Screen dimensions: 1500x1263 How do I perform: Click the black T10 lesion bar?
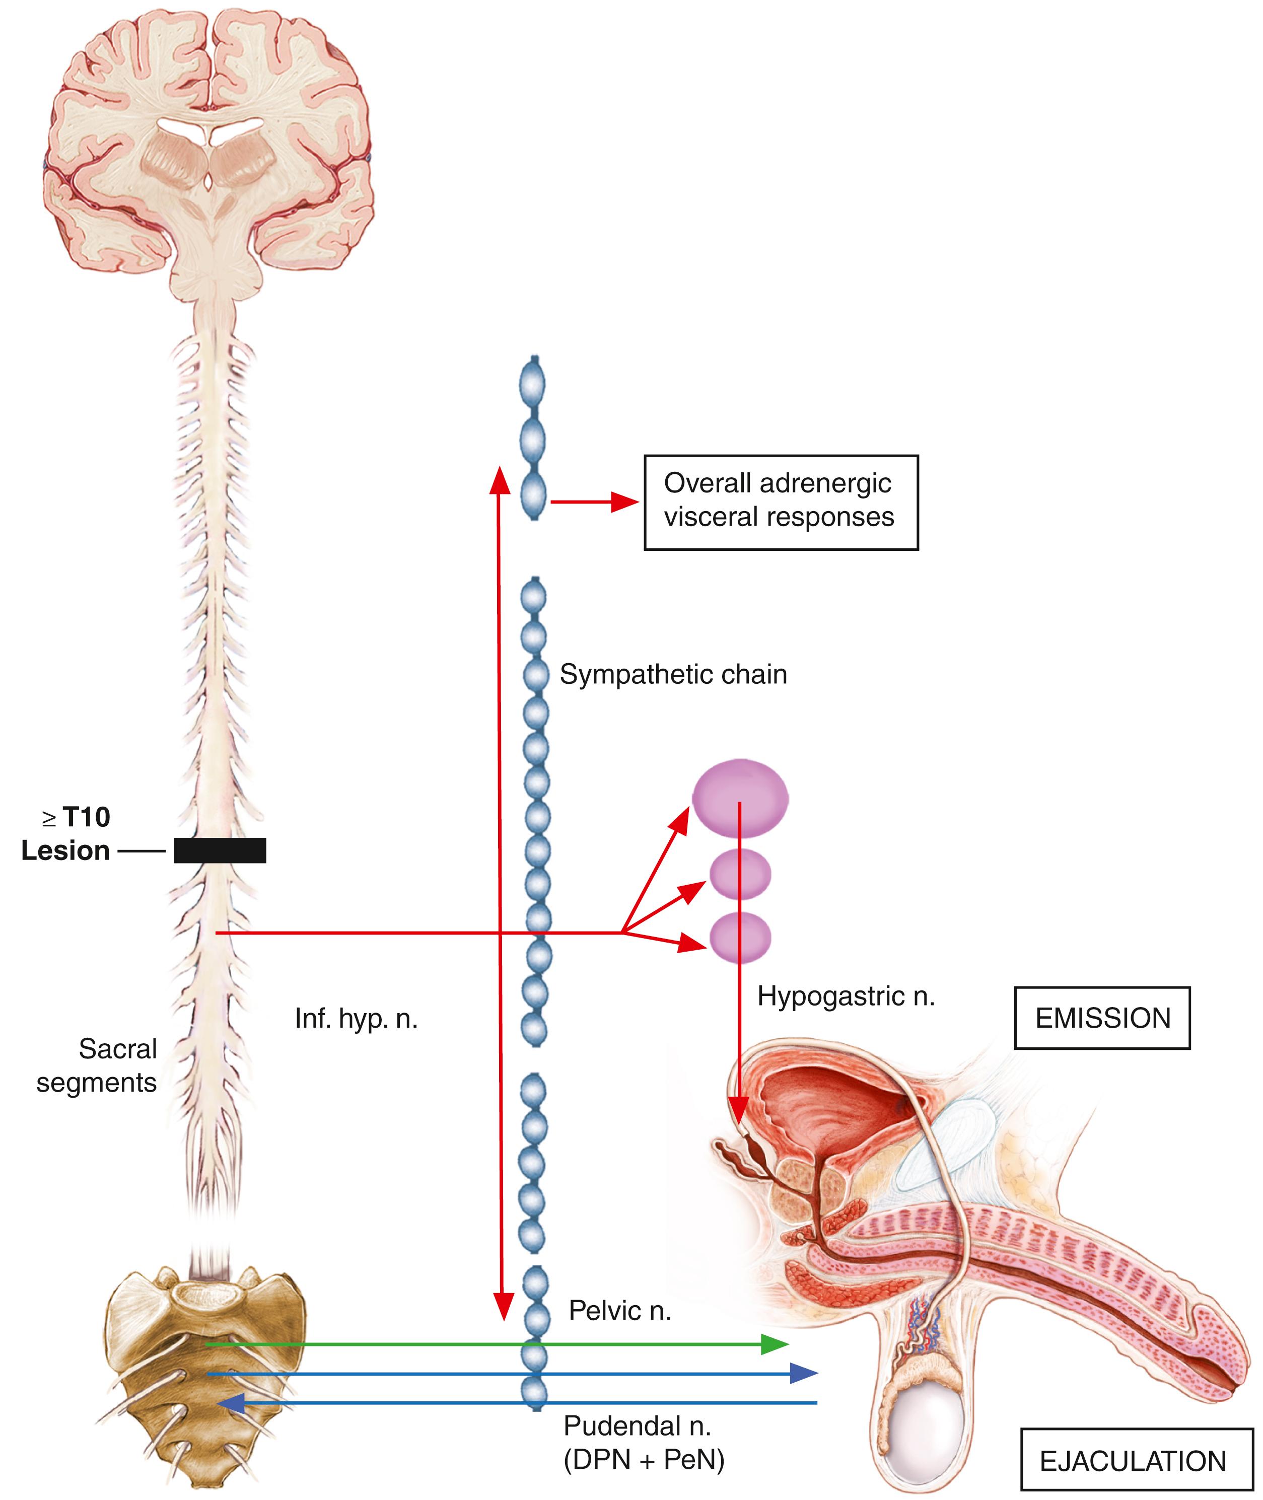[220, 850]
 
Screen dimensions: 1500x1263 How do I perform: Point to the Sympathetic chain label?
[673, 674]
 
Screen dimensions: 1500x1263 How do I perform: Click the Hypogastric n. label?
[846, 996]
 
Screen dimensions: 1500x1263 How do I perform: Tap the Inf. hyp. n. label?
[356, 1018]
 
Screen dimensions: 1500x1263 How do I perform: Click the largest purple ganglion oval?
[740, 798]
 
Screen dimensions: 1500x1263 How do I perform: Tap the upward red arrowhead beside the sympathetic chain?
[499, 481]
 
